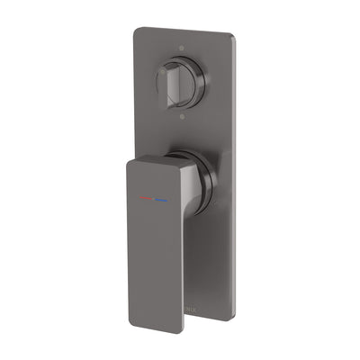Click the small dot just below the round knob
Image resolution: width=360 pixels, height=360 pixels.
(x=184, y=117)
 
